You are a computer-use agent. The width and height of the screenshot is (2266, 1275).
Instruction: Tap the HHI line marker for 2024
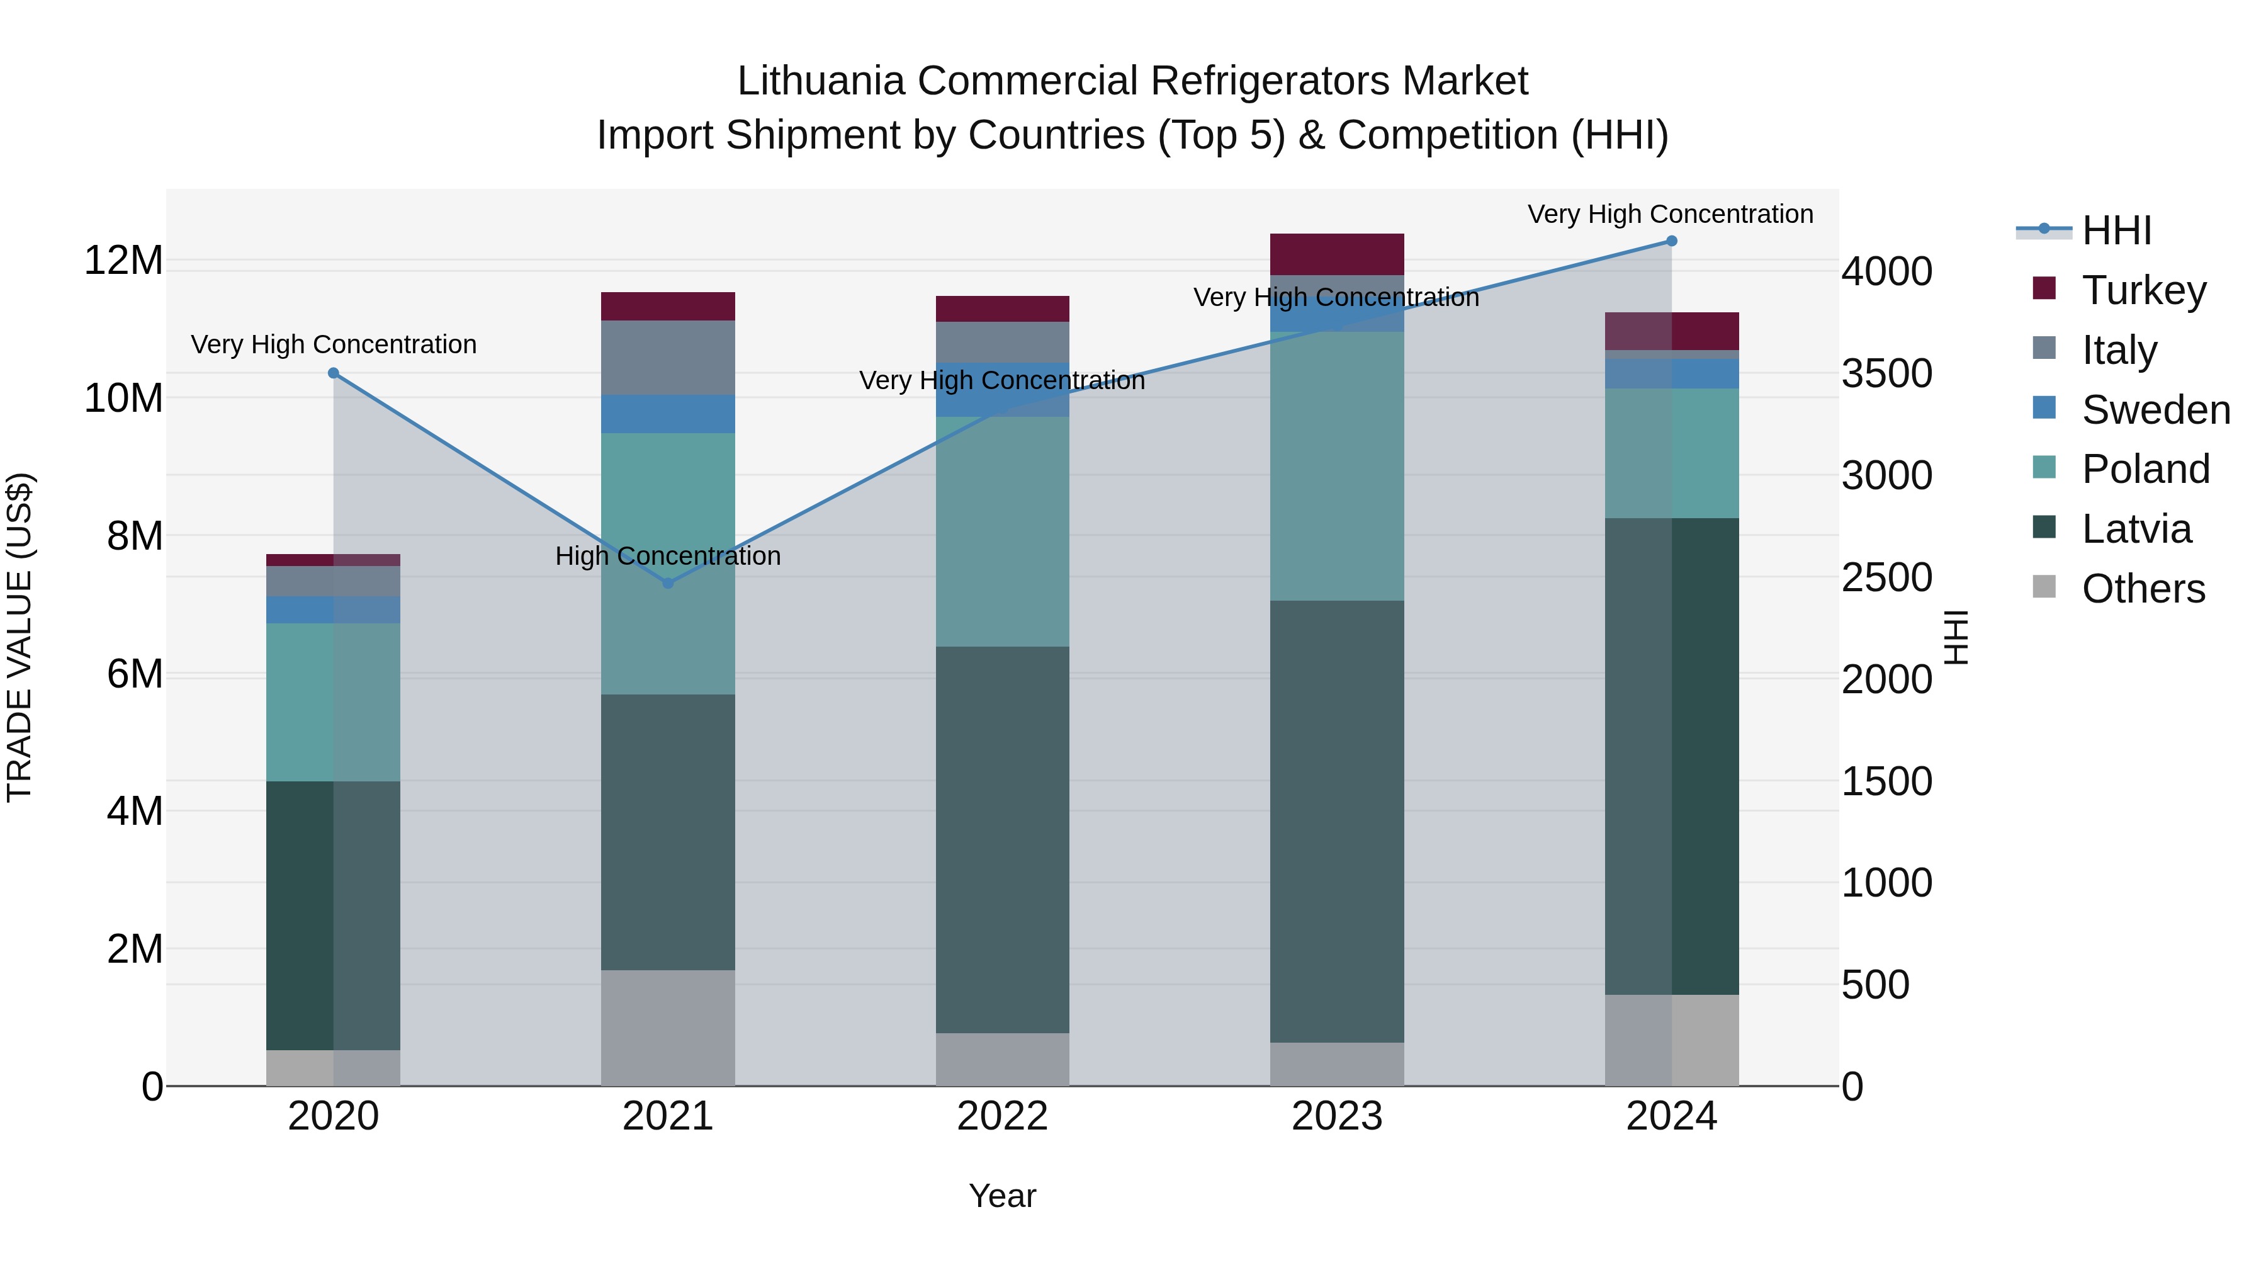[1671, 241]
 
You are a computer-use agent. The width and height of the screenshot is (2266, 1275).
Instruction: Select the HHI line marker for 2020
[334, 373]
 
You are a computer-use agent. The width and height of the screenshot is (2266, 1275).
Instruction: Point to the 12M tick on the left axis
[123, 261]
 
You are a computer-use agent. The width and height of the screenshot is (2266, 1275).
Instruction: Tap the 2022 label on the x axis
[1002, 1116]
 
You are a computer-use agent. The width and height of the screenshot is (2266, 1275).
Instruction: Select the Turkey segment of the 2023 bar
[1336, 254]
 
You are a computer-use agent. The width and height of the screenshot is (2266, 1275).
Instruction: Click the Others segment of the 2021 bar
[668, 1028]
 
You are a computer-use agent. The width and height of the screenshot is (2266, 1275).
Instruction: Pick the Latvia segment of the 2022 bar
[1002, 841]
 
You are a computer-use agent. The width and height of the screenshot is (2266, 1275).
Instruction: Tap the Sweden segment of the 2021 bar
[668, 414]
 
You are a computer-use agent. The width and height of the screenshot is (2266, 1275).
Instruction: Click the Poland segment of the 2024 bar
[1671, 453]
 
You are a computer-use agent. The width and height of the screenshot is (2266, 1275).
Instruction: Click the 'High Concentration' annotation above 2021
[668, 556]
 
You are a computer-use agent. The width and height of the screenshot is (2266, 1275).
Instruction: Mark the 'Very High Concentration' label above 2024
[1669, 215]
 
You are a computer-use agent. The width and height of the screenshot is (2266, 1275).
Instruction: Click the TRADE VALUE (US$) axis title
[20, 637]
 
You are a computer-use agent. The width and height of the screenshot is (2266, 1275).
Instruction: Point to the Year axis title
[1002, 1196]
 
